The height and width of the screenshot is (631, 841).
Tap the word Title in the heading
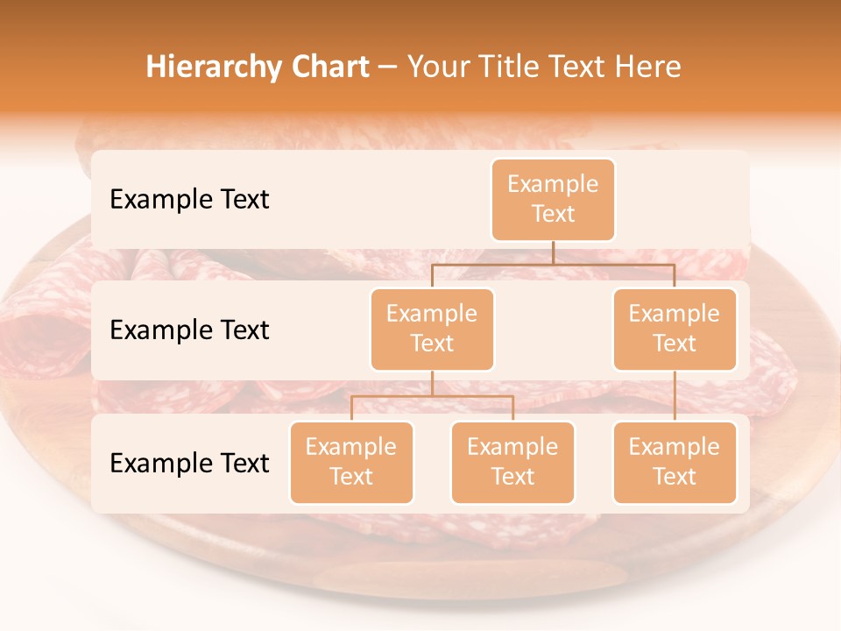(x=519, y=67)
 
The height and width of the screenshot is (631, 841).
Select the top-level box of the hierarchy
(x=553, y=199)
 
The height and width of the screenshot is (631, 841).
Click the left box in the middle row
(x=432, y=329)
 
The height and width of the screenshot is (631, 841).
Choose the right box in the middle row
(x=675, y=329)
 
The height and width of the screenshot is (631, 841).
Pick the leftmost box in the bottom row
(x=351, y=462)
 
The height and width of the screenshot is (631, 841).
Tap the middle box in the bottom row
(x=512, y=462)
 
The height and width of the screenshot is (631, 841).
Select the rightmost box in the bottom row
(x=675, y=462)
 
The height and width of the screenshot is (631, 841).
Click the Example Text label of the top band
(x=189, y=200)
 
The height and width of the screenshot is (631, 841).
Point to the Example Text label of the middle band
(x=189, y=330)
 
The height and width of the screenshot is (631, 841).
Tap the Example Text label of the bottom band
(x=189, y=464)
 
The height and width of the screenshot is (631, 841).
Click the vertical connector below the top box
(x=553, y=252)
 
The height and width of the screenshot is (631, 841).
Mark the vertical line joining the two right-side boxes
(x=675, y=396)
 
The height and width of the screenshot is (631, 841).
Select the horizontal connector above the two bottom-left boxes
(x=432, y=396)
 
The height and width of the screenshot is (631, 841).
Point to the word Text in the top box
(x=553, y=214)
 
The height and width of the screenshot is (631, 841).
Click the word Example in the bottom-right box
(x=675, y=447)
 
